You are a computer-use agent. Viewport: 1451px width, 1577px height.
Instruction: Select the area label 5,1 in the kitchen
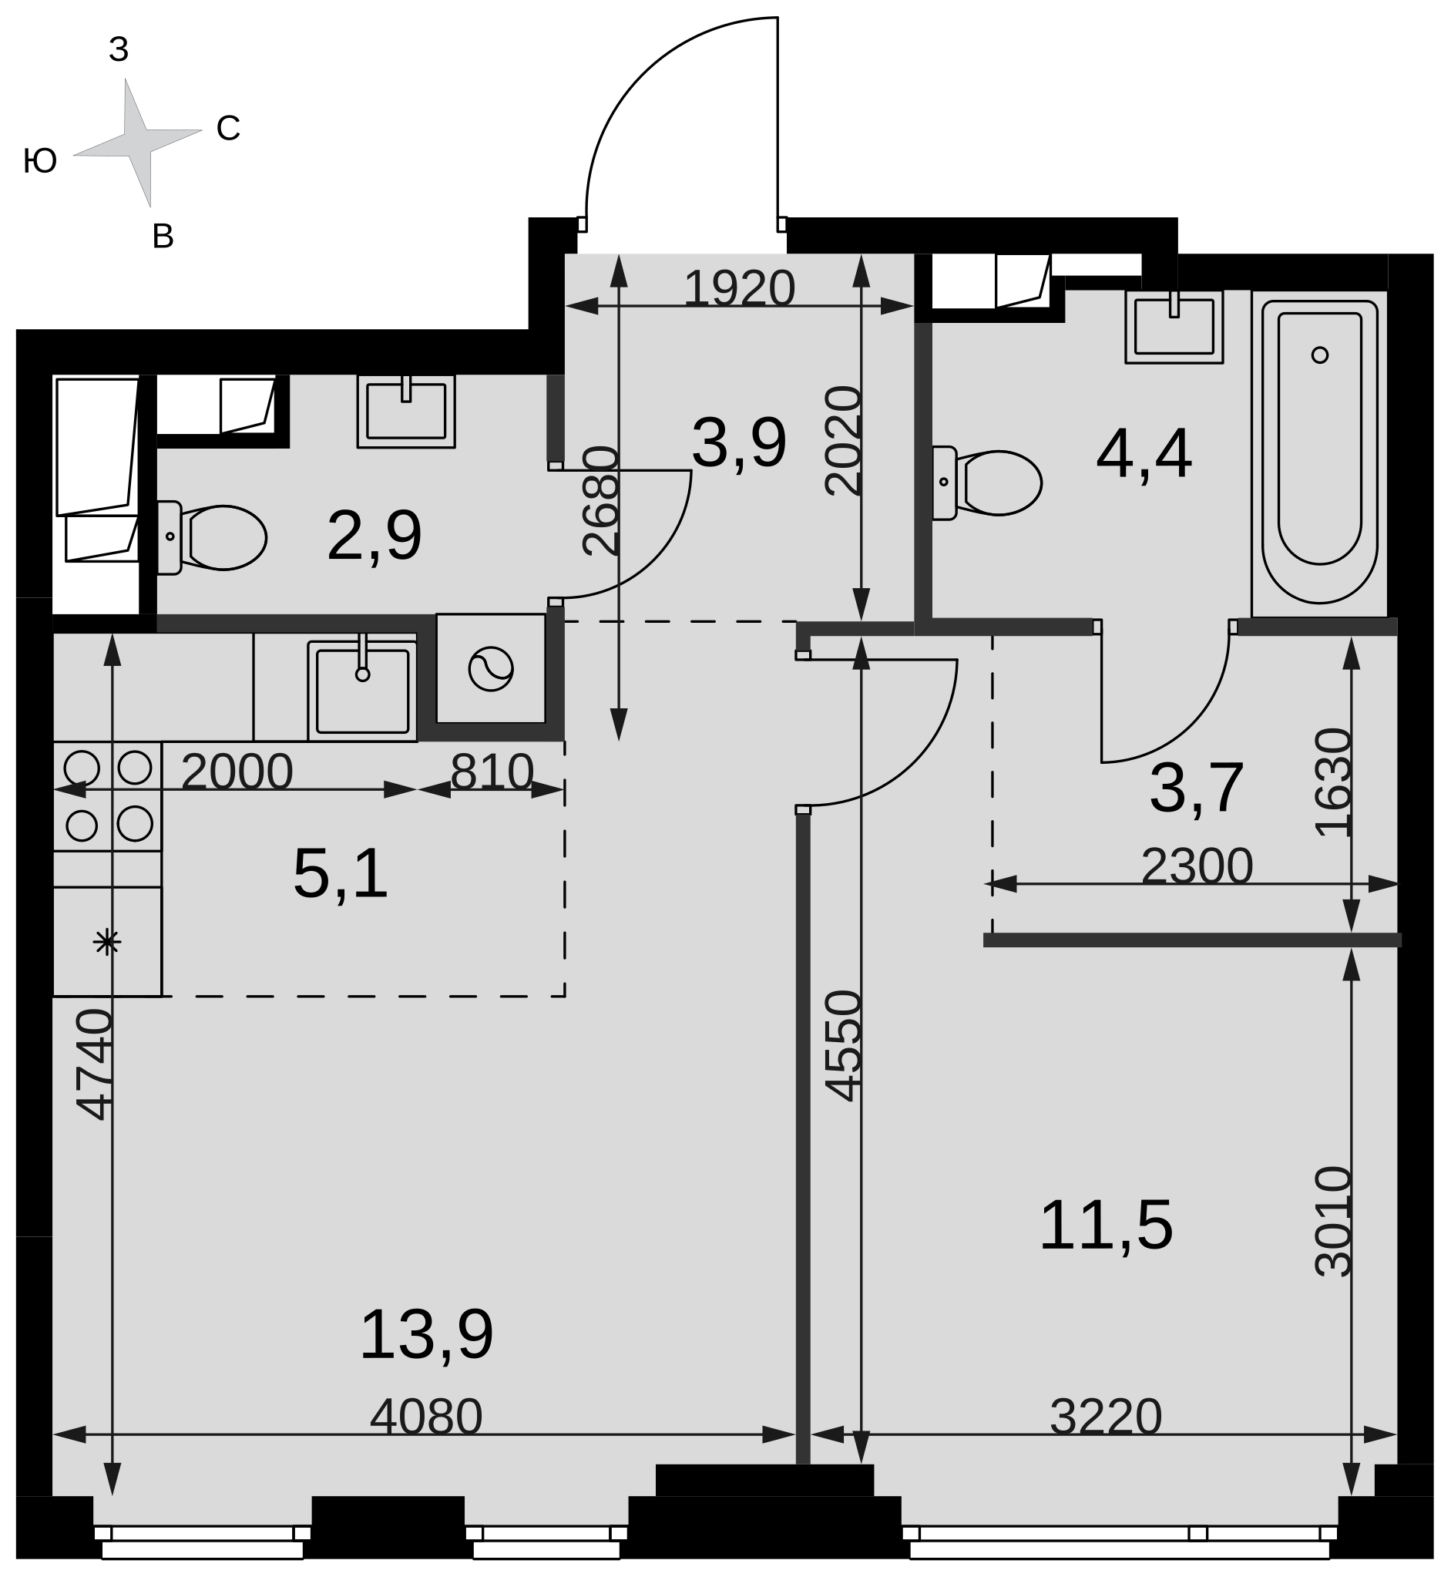coord(340,873)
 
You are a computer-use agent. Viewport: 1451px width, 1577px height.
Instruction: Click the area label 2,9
coord(375,536)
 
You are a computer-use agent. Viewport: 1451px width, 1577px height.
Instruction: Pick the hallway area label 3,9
coord(739,444)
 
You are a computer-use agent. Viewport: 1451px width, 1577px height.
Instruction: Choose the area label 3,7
coord(1196,788)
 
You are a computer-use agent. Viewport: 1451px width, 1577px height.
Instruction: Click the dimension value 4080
coord(426,1417)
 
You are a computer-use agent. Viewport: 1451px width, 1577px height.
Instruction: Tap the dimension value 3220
coord(1106,1417)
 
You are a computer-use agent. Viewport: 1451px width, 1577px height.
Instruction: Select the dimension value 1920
coord(740,288)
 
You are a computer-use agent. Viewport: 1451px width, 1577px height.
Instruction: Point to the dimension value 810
coord(492,772)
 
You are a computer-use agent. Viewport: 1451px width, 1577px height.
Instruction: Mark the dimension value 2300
coord(1197,867)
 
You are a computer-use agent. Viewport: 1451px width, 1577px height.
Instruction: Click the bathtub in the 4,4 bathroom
coord(1319,452)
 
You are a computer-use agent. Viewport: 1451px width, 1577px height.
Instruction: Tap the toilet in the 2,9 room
coord(212,538)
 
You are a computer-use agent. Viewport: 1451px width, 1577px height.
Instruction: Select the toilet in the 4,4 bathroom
coord(987,483)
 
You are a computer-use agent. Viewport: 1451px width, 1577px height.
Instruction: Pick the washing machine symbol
coord(491,669)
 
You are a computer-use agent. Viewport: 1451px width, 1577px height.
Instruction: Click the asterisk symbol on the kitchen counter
coord(107,942)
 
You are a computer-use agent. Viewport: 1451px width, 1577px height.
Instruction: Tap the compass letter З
coord(119,49)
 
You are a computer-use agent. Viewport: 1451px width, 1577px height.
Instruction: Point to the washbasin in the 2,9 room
coord(406,411)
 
